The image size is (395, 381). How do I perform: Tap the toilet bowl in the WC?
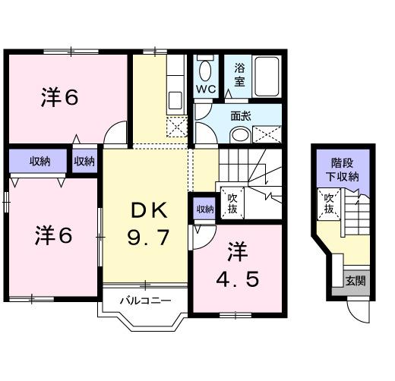tap(204, 71)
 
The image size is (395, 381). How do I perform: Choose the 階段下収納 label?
tap(344, 169)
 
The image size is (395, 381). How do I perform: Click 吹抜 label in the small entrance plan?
tap(329, 203)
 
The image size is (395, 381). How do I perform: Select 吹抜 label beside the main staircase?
tap(233, 203)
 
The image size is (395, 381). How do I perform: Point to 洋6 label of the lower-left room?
tap(53, 236)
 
